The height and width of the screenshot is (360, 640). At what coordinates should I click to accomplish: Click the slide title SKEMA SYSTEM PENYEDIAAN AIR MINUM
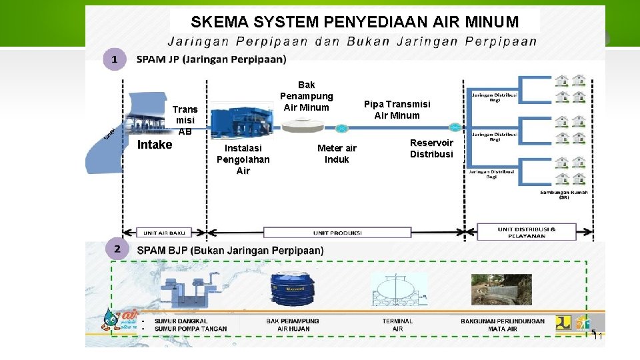354,21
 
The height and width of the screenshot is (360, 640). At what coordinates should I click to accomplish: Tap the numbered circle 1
115,59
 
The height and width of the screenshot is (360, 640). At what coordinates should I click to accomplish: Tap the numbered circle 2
117,249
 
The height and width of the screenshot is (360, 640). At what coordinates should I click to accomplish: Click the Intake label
154,145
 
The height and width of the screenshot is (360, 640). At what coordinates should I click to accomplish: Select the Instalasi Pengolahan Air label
243,159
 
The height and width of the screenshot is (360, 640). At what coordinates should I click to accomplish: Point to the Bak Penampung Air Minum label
306,96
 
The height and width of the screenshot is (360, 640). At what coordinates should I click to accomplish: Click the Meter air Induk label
337,153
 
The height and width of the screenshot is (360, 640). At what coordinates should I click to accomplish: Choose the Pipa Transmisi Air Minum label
397,109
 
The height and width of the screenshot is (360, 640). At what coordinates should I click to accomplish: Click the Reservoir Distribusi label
431,148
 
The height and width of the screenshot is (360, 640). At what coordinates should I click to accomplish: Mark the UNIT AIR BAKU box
164,233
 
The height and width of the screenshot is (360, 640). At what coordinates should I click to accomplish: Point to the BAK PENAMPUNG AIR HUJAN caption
293,325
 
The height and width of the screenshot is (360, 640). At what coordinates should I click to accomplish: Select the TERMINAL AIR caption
397,325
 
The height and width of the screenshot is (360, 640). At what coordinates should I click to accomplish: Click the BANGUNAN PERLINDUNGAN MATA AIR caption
502,325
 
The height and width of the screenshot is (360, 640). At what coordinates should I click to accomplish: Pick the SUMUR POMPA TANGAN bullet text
191,329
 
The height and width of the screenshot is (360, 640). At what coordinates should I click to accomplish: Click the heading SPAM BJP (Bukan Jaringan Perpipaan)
230,251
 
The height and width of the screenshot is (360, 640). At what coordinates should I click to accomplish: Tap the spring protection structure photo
501,289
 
